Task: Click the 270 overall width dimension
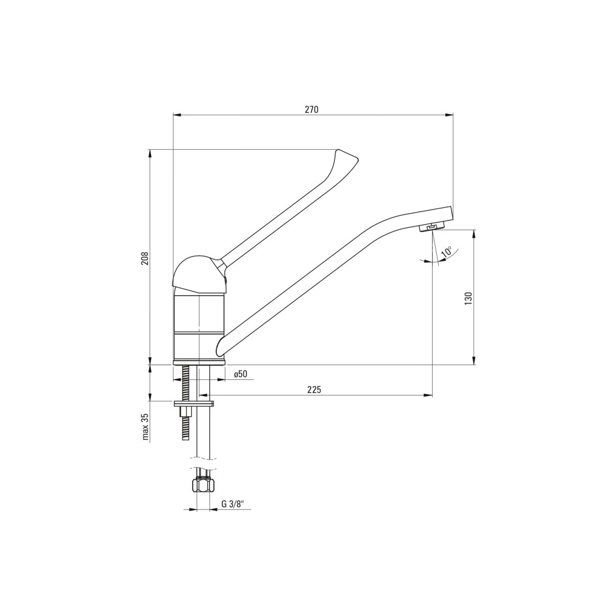coord(312,110)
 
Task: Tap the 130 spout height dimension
coord(468,298)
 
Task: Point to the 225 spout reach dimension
coord(314,389)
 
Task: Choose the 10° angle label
coord(447,252)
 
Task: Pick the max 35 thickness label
coord(146,426)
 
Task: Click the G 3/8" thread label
coord(232,504)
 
